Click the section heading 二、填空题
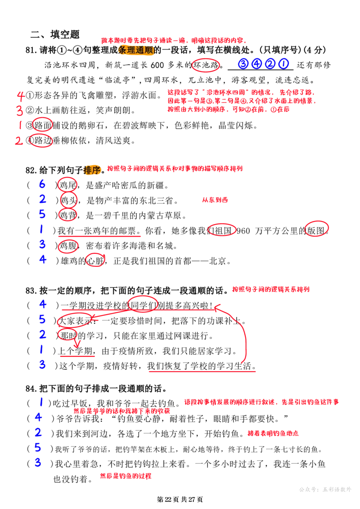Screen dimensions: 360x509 tap(55, 34)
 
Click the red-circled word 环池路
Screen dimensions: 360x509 tap(206, 65)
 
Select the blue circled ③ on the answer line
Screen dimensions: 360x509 tap(243, 64)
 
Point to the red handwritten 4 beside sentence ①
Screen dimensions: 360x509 tap(21, 96)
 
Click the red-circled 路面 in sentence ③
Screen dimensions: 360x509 tap(43, 125)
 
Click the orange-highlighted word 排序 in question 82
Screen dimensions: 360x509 tap(92, 170)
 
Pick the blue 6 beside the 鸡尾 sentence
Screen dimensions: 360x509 tap(42, 184)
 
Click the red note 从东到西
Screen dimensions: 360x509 tap(215, 200)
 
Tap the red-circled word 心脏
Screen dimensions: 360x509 tap(95, 260)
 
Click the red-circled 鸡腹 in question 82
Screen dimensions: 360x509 tap(68, 245)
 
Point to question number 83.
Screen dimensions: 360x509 tap(31, 291)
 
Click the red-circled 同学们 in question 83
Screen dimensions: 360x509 tap(143, 304)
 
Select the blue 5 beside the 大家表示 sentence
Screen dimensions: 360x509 tap(42, 319)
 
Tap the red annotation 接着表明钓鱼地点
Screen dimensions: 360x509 tap(273, 433)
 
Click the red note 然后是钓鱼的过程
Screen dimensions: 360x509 tap(126, 476)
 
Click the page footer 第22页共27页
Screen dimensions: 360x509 tap(180, 499)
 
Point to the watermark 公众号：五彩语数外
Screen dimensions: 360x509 tap(325, 489)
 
